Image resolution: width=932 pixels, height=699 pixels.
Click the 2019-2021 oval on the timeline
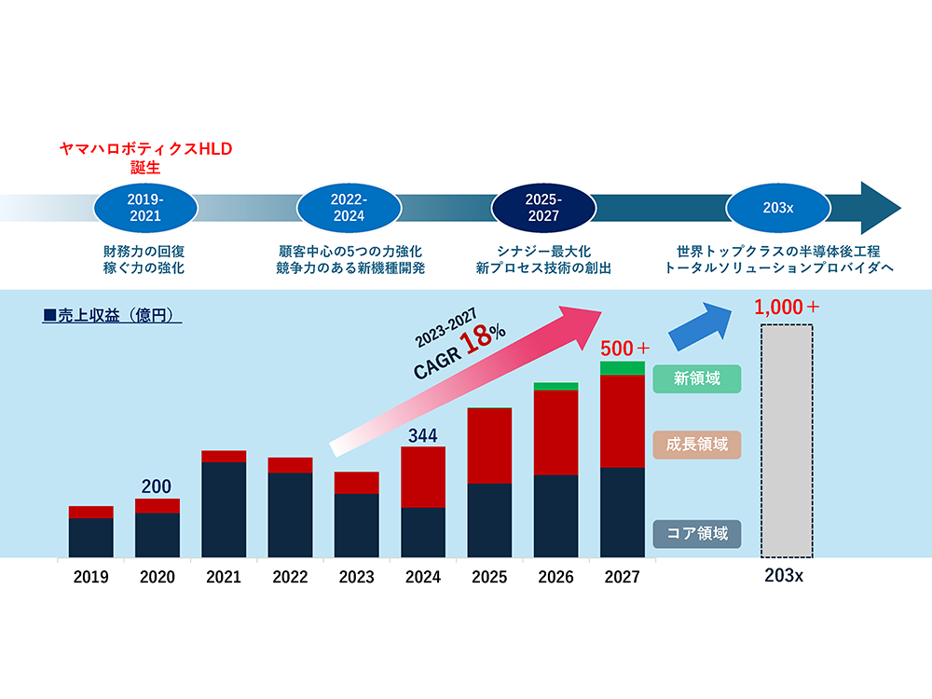point(146,208)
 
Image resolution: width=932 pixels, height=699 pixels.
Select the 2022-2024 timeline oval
point(349,208)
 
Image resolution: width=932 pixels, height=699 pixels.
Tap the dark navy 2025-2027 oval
point(541,208)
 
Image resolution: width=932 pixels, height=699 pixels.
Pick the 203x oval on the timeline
point(777,208)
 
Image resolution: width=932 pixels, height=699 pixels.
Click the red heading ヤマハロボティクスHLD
point(146,149)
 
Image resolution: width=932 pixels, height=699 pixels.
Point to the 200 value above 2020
point(158,486)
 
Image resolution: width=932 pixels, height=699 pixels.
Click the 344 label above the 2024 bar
point(422,434)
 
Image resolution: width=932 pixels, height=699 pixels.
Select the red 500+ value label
point(624,349)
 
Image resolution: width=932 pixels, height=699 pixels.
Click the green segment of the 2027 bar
point(623,368)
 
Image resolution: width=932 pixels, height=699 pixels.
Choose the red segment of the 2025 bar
point(489,445)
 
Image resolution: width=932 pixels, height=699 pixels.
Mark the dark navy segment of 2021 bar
point(224,509)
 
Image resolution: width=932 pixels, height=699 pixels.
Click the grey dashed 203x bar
point(787,440)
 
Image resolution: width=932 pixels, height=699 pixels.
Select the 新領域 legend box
point(696,378)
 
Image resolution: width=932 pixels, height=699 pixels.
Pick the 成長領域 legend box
point(696,444)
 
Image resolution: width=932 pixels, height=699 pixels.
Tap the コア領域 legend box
point(696,534)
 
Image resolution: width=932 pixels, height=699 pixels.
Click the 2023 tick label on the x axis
point(357,577)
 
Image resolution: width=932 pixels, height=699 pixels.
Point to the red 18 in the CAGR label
point(477,339)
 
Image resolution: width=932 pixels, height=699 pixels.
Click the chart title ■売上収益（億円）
point(112,316)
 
